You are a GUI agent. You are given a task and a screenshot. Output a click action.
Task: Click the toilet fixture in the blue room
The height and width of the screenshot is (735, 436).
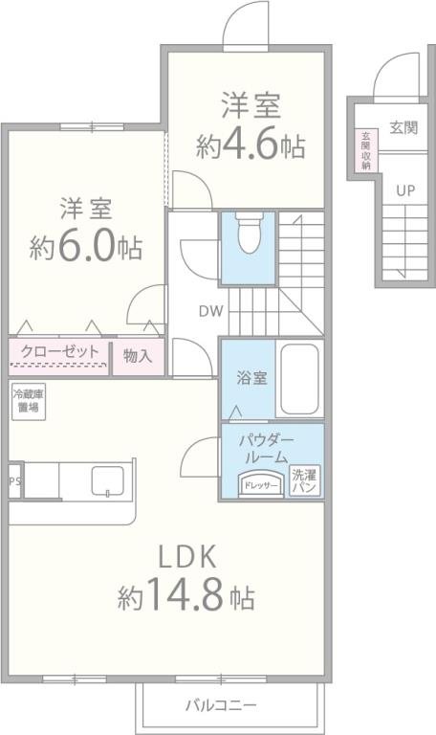click(248, 234)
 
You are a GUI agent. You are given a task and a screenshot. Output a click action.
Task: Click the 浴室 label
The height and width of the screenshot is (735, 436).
click(251, 377)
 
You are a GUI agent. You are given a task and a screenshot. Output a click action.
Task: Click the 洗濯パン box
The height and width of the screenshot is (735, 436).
click(305, 480)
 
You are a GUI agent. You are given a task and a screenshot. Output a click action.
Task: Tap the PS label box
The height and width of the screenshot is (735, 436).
click(14, 482)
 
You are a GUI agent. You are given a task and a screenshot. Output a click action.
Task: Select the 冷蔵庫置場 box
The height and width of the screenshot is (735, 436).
click(28, 400)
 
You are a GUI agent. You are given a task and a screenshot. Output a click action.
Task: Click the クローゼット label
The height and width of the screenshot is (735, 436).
click(59, 352)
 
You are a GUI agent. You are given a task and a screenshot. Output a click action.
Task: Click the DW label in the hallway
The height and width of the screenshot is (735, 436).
click(210, 310)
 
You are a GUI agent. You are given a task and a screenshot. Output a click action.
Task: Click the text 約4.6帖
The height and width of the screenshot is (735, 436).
click(251, 145)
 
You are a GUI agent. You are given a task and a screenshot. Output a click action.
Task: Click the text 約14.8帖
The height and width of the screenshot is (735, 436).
click(186, 599)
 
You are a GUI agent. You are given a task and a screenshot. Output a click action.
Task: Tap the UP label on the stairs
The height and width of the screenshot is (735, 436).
click(405, 189)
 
